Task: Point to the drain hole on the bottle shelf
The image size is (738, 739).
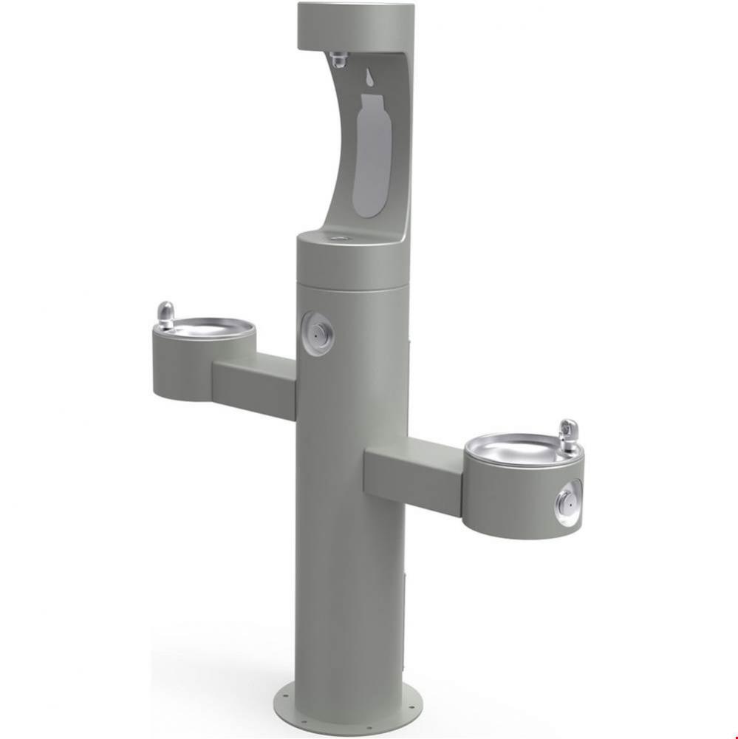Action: point(341,238)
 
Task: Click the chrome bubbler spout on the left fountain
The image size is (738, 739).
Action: point(167,315)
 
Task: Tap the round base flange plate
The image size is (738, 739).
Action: point(347,713)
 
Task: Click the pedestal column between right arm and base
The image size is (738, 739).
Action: point(347,591)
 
